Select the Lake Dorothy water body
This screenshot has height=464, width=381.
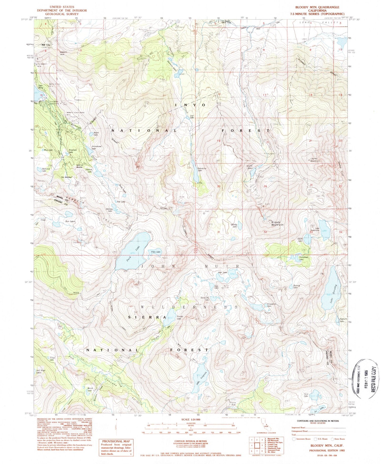[330, 292]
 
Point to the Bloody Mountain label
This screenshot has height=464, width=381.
[277, 223]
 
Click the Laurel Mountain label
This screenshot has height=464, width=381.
[315, 160]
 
